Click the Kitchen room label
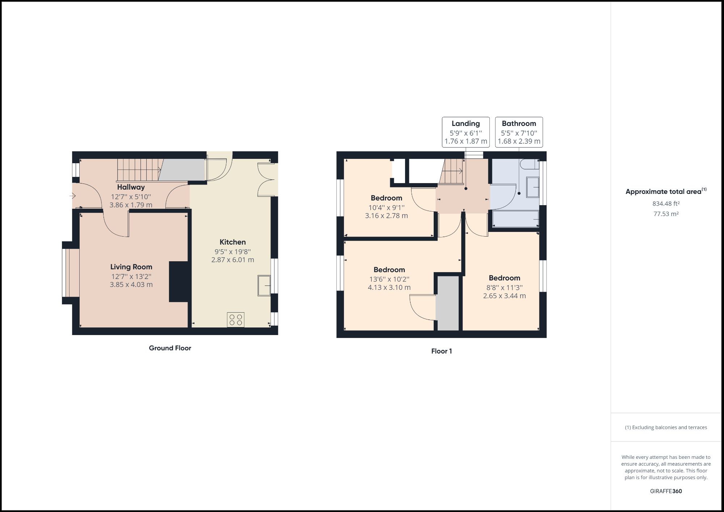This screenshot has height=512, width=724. point(232,242)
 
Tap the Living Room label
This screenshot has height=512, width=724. point(131,267)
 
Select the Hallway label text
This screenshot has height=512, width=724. point(131,187)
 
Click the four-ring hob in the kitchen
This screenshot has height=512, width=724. point(236,320)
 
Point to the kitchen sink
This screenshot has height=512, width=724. point(264,285)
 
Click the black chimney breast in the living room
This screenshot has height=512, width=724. point(178,282)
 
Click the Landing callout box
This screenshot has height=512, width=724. point(466,132)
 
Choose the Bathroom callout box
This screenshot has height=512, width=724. point(519,132)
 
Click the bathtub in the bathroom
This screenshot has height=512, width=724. point(515,219)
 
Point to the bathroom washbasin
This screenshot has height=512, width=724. point(533,187)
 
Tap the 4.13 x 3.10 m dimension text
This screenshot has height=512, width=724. point(389,288)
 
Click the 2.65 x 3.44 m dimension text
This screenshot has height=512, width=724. point(504,296)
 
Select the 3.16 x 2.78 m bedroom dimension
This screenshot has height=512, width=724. point(386,216)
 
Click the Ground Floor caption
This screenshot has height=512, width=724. point(170,348)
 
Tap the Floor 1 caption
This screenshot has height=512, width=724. point(441,351)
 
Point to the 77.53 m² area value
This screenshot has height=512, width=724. point(666,214)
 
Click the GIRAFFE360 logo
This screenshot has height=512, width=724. point(666,491)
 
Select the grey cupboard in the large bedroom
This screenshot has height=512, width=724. point(448,303)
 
